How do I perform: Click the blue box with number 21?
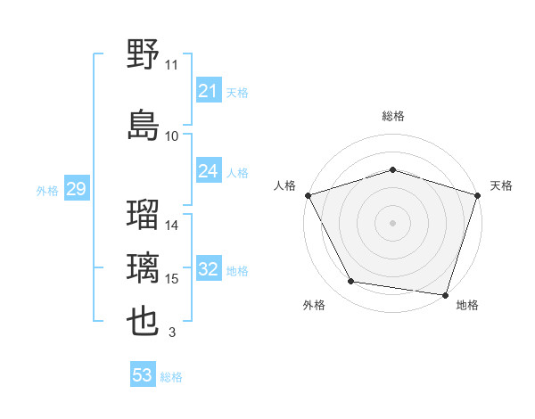pyautogui.click(x=208, y=91)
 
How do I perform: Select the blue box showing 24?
pyautogui.click(x=208, y=171)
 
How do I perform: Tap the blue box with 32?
pyautogui.click(x=208, y=269)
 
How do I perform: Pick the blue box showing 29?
pyautogui.click(x=76, y=189)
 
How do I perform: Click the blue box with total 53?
pyautogui.click(x=142, y=375)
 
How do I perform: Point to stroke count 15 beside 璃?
pyautogui.click(x=172, y=279)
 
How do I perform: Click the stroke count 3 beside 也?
pyautogui.click(x=171, y=333)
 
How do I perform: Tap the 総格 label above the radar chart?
pyautogui.click(x=392, y=116)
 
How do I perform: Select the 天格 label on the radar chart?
pyautogui.click(x=502, y=185)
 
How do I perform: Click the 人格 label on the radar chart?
pyautogui.click(x=285, y=185)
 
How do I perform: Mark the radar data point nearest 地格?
pyautogui.click(x=446, y=294)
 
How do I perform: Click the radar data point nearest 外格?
pyautogui.click(x=351, y=282)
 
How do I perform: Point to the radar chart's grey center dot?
pyautogui.click(x=392, y=222)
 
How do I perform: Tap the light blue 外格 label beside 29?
pyautogui.click(x=46, y=190)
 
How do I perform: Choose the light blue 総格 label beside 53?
pyautogui.click(x=171, y=377)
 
